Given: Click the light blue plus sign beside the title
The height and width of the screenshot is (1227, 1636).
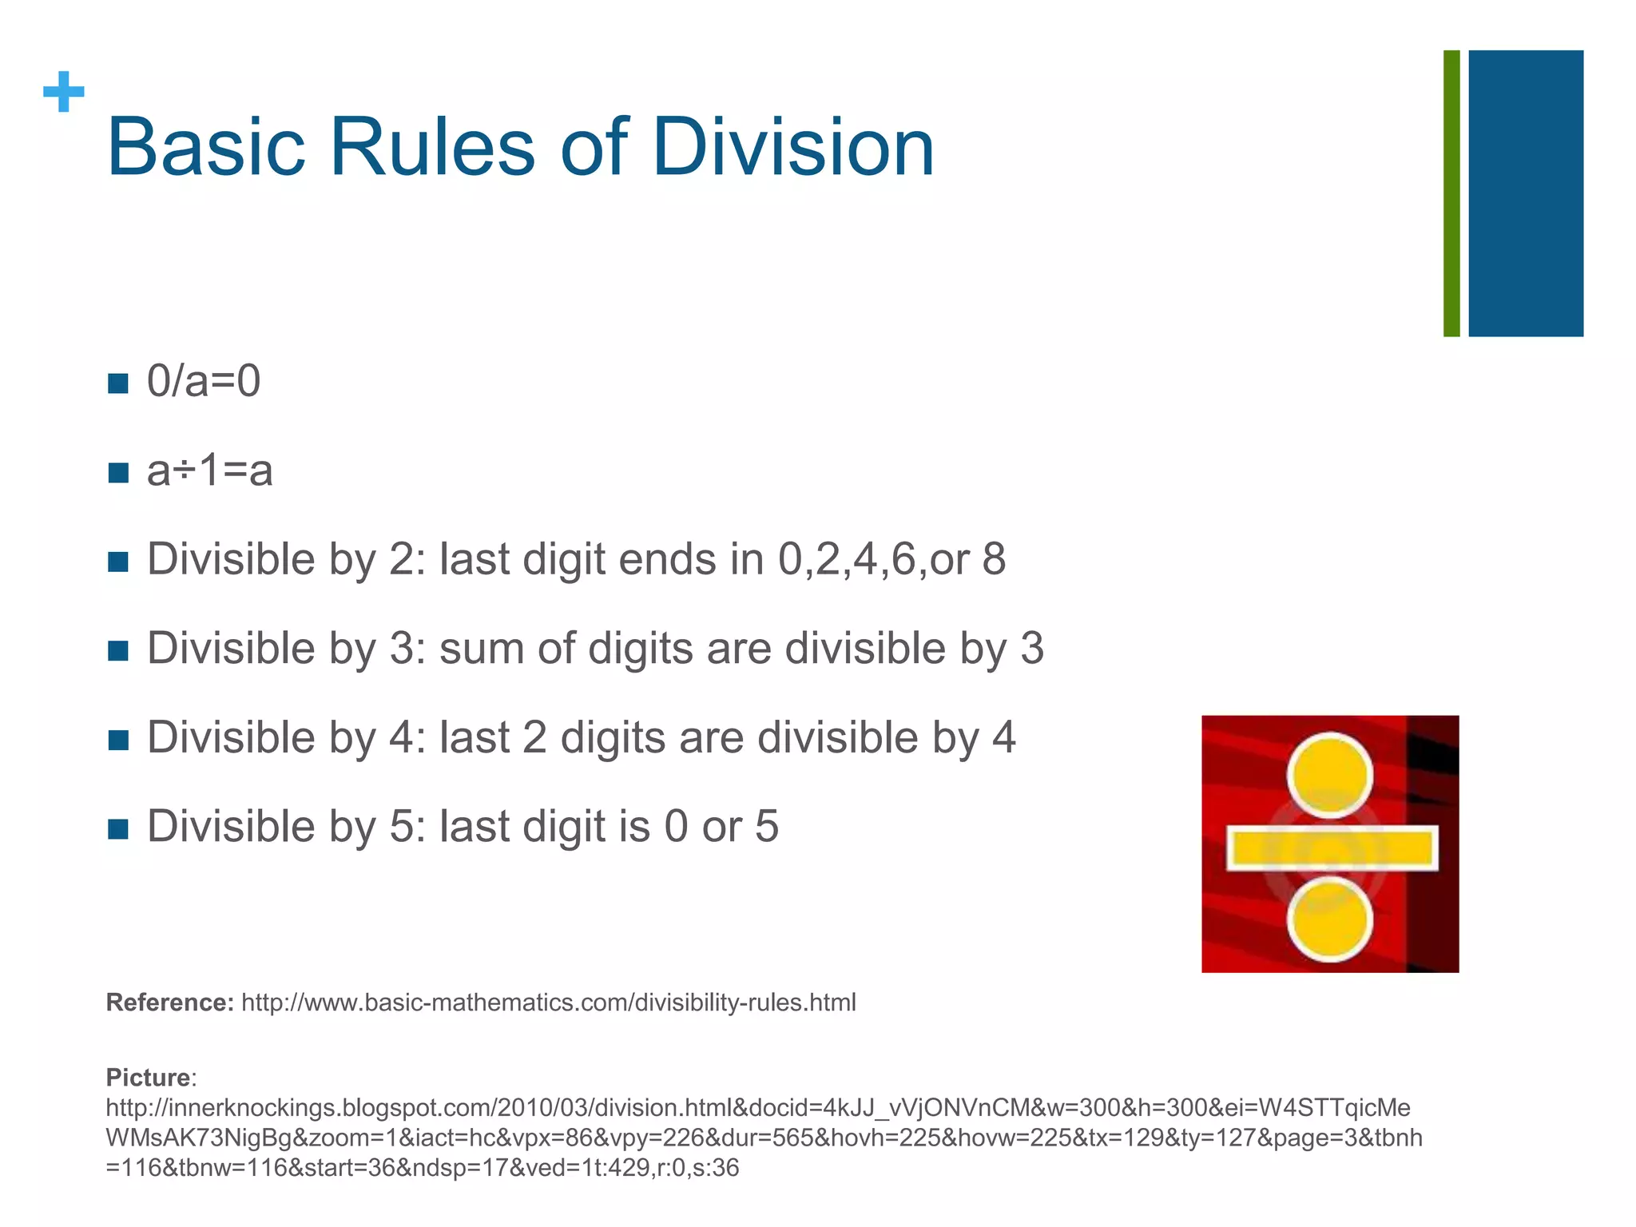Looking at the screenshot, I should pyautogui.click(x=64, y=92).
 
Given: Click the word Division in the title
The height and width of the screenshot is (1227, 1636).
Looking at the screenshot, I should pyautogui.click(x=792, y=148).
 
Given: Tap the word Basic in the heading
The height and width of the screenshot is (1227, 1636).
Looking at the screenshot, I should pyautogui.click(x=206, y=148).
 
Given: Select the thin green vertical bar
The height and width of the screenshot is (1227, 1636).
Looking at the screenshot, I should pyautogui.click(x=1451, y=193).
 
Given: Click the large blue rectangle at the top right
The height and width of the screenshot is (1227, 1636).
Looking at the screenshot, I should pyautogui.click(x=1526, y=193).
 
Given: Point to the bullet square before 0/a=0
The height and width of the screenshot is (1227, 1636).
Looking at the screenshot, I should pyautogui.click(x=117, y=383).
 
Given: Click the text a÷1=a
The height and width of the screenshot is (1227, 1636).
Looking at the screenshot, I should pyautogui.click(x=209, y=470).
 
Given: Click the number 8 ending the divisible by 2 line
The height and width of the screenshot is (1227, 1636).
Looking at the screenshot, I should pyautogui.click(x=994, y=559).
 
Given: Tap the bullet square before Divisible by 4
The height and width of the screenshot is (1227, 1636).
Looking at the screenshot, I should pyautogui.click(x=117, y=740).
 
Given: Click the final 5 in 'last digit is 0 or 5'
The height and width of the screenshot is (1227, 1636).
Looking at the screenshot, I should pyautogui.click(x=766, y=827).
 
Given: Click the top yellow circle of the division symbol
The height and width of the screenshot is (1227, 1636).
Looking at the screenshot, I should pyautogui.click(x=1329, y=775).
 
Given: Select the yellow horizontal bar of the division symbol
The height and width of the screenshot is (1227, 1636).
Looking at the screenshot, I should pyautogui.click(x=1332, y=848).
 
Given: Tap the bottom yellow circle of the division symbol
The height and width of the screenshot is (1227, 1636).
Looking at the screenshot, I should pyautogui.click(x=1329, y=919).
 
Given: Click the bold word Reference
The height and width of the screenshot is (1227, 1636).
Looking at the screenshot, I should pyautogui.click(x=169, y=1003).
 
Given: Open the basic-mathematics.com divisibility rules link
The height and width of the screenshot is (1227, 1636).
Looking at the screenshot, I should pyautogui.click(x=548, y=1003).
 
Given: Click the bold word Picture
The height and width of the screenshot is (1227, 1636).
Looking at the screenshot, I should pyautogui.click(x=149, y=1078).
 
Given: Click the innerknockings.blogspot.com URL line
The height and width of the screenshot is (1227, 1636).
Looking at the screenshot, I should pyautogui.click(x=757, y=1108).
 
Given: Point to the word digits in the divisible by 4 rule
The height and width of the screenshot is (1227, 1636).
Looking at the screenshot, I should pyautogui.click(x=613, y=737).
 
